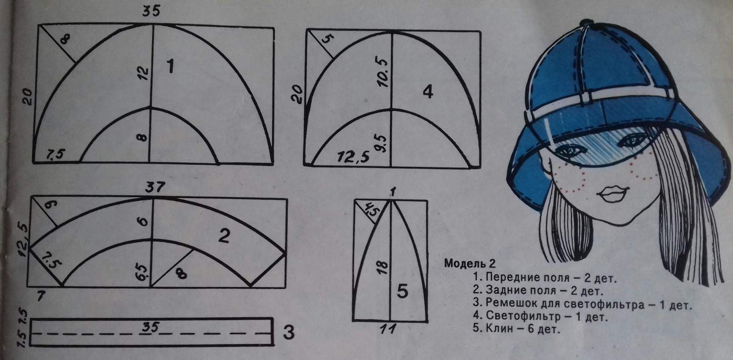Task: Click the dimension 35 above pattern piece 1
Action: click(151, 11)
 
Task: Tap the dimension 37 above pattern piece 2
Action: click(155, 187)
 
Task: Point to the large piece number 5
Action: click(402, 291)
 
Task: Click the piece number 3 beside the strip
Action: click(288, 332)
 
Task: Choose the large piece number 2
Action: click(224, 236)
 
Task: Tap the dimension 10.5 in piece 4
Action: click(382, 72)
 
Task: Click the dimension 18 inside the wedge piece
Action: click(382, 267)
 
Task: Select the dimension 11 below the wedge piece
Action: click(388, 328)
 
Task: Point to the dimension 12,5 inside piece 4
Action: click(353, 158)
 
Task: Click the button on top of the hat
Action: click(584, 23)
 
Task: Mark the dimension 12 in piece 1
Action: click(144, 73)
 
